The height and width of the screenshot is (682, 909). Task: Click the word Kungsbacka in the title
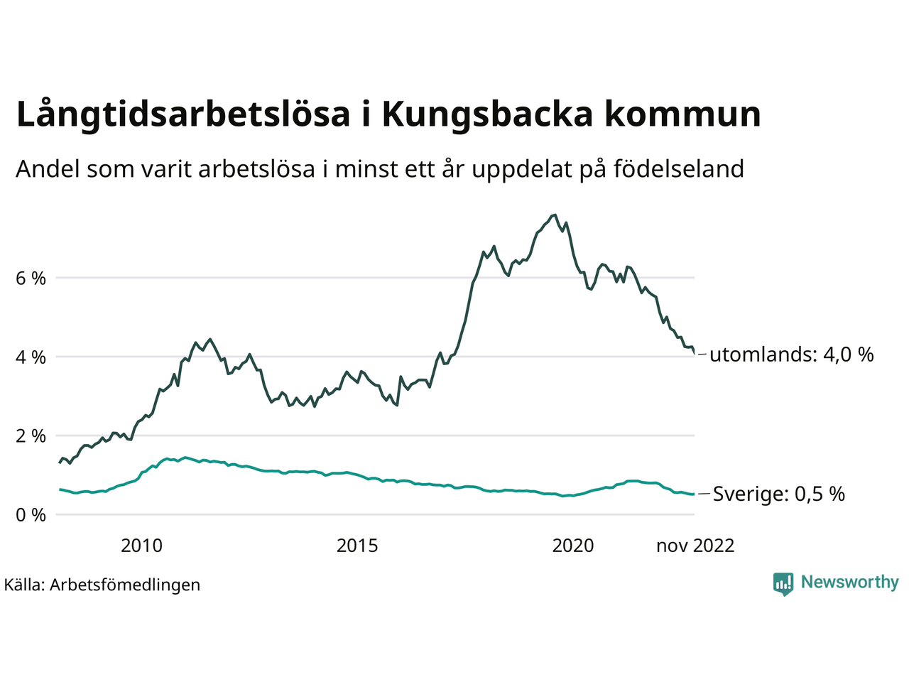[486, 115]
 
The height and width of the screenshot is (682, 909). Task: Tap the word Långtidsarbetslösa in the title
[183, 115]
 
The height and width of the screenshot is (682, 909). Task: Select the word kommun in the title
[682, 115]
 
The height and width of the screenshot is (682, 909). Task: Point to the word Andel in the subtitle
[48, 169]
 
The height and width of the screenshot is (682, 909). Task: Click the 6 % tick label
[31, 278]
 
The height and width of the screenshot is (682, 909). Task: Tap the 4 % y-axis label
[31, 357]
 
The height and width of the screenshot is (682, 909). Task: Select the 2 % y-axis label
[31, 436]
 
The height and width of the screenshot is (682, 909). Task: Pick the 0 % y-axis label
[31, 515]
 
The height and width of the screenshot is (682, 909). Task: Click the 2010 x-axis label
[141, 546]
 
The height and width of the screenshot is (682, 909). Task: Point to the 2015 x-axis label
[357, 546]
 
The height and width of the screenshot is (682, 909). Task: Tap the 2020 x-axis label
[573, 546]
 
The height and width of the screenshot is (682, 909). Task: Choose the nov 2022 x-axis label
[695, 546]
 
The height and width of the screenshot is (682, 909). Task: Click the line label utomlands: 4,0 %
[791, 354]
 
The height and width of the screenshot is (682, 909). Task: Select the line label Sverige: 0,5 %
[778, 494]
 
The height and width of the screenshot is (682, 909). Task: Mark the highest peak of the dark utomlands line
[555, 215]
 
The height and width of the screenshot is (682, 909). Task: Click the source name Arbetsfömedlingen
[125, 585]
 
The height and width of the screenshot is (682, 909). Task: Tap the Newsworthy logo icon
[783, 583]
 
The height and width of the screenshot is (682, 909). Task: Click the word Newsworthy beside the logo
[849, 582]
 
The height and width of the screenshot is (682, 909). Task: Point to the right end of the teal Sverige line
[694, 494]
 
